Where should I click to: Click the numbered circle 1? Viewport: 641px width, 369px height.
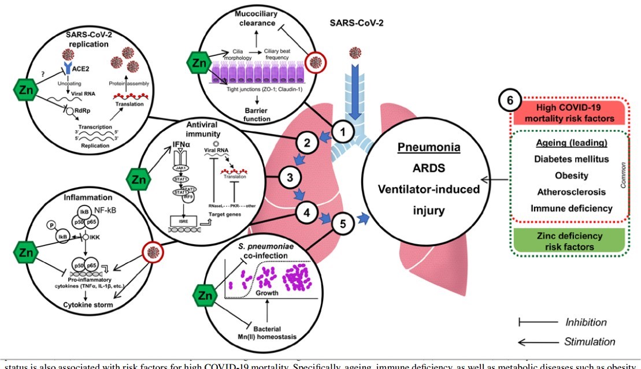tap(343, 132)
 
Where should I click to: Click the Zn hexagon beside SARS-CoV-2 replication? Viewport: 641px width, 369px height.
tap(25, 90)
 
